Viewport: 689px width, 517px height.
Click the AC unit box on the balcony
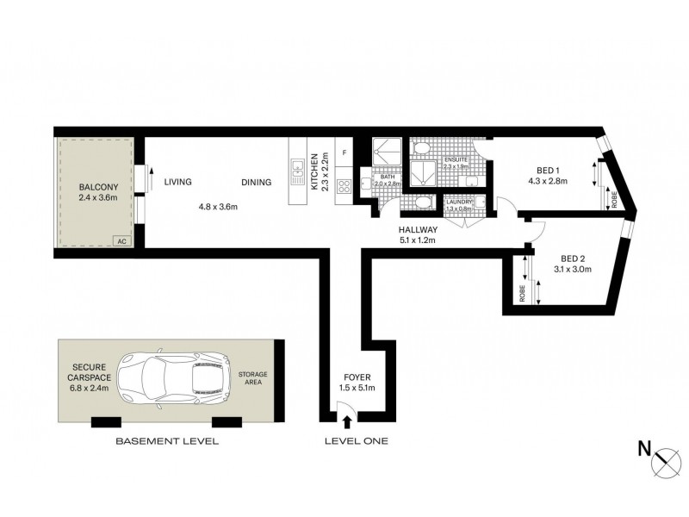122,241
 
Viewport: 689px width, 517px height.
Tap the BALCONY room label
98,187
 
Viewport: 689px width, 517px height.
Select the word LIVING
178,182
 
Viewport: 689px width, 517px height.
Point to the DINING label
256,182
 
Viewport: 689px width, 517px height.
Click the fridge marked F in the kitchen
344,153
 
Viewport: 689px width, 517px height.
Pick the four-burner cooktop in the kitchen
344,186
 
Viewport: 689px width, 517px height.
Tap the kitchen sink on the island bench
297,172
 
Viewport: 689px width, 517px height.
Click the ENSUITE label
456,159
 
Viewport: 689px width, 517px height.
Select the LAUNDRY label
459,202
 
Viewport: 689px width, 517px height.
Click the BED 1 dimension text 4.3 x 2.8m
548,181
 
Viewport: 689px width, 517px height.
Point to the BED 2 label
573,259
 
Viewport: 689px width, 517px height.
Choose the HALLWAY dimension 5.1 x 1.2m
418,240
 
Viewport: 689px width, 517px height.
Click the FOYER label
357,377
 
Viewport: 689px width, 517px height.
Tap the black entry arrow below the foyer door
347,421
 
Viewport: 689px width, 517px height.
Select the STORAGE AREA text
252,378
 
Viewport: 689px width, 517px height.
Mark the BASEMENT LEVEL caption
167,441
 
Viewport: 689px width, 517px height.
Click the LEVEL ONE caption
357,441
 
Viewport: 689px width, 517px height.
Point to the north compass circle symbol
667,462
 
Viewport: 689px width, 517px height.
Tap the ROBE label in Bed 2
523,293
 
